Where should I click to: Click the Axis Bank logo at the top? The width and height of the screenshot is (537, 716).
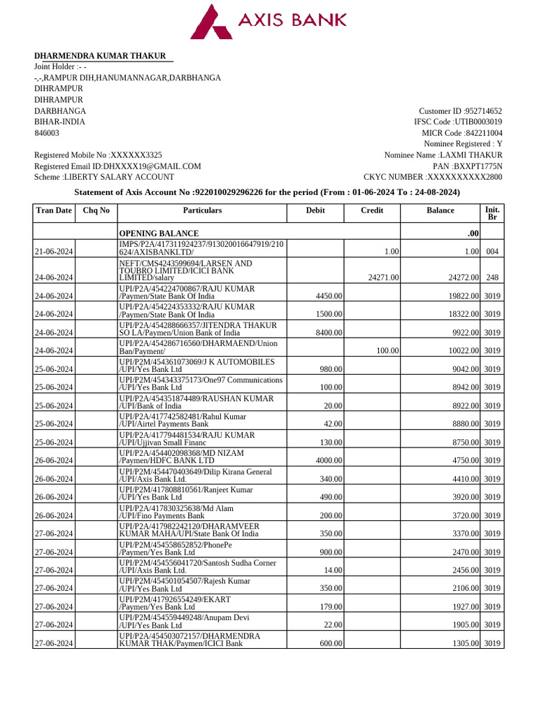point(268,22)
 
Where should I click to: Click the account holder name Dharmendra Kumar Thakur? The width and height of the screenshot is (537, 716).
point(101,56)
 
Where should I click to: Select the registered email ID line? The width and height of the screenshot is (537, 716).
point(117,166)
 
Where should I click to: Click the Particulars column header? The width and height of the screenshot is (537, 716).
point(202,210)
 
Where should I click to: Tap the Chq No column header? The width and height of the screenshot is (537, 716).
point(96,210)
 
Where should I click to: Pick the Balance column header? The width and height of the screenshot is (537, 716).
point(441,210)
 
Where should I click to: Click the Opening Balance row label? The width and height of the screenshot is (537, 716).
point(159,233)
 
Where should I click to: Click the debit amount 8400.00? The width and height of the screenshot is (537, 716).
point(329,333)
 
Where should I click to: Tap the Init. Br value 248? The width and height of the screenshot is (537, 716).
point(492,278)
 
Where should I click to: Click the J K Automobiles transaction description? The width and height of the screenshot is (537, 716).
point(197,365)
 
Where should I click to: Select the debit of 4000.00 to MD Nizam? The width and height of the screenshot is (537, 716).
point(329,461)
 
